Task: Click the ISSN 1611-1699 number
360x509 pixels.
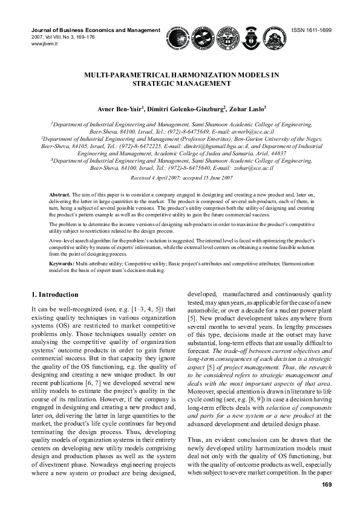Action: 312,30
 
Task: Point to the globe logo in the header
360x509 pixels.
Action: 178,38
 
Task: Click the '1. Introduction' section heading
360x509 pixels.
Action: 54,294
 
